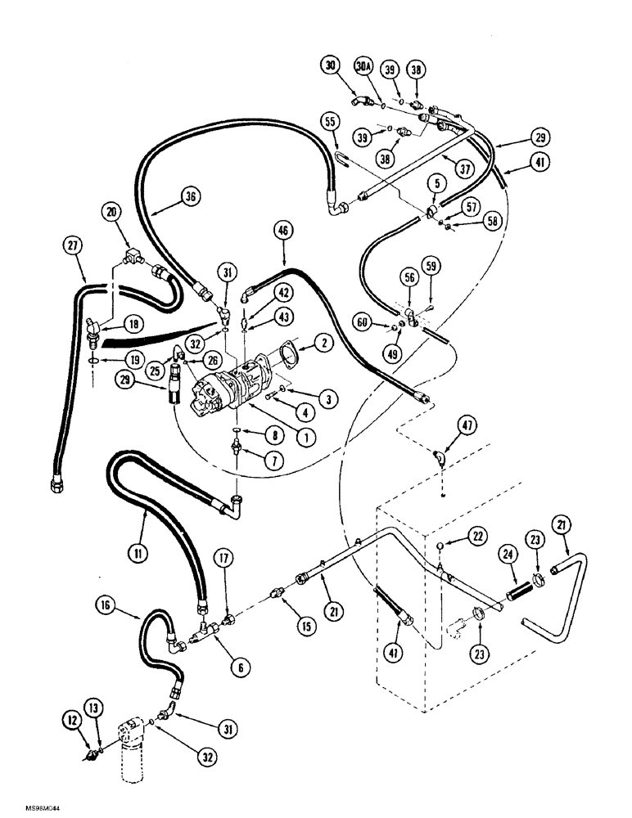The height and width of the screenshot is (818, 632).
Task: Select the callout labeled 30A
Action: [x=363, y=65]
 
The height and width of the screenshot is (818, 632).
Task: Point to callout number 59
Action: [x=432, y=264]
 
